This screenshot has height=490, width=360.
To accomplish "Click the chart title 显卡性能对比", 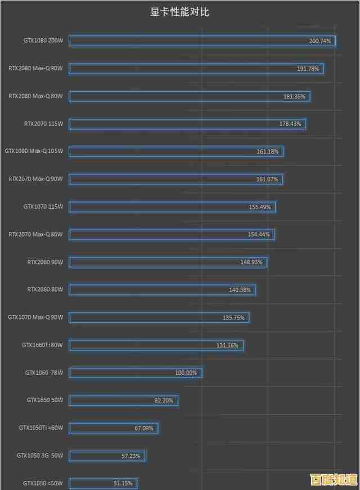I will coord(179,11).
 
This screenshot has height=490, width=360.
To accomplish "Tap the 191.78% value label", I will coord(308,69).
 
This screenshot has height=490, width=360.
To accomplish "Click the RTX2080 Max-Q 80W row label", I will coord(35,96).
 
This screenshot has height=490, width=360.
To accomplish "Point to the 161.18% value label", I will coord(267,151).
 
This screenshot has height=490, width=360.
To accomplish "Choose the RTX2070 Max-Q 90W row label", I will coord(35,179).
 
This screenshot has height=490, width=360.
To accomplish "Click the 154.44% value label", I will coord(259,235).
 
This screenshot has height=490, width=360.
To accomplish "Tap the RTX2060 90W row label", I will coord(45,262).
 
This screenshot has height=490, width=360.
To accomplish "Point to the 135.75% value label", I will coord(233,318).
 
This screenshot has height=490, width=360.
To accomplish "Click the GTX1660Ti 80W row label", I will coord(42,345).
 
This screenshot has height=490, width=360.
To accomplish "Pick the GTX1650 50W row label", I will coord(45,400).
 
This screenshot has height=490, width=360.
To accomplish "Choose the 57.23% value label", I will coord(130,456).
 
